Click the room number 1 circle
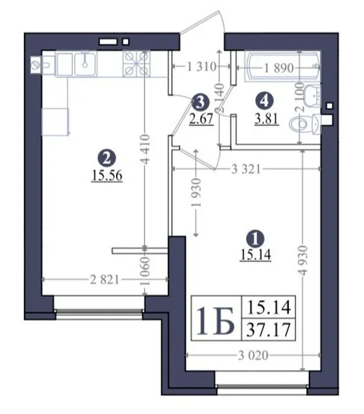click(x=255, y=239)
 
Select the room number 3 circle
click(x=200, y=102)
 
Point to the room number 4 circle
click(x=265, y=101)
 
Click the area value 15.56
click(x=107, y=175)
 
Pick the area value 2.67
click(x=201, y=118)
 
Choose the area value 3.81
click(x=266, y=118)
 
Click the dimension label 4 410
click(x=144, y=149)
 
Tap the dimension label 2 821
click(x=105, y=279)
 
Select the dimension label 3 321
click(x=246, y=169)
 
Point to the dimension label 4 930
click(x=303, y=261)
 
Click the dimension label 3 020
click(x=253, y=355)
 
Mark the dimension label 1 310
click(x=201, y=67)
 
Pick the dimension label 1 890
click(x=279, y=68)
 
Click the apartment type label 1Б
click(x=215, y=321)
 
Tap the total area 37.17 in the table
click(x=268, y=330)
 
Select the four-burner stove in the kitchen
click(x=137, y=63)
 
